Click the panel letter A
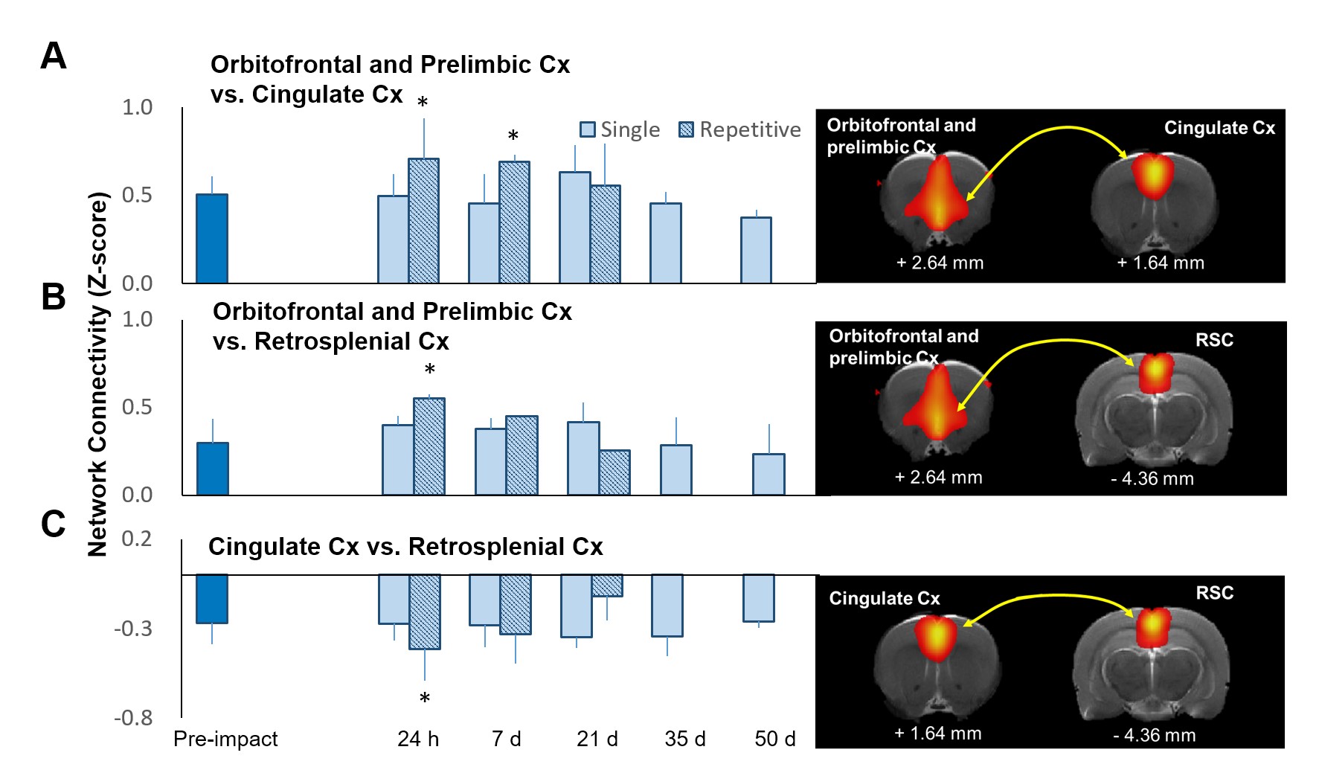pos(53,57)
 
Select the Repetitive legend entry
pos(740,130)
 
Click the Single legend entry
pos(620,130)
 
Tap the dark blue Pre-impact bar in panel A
pos(212,238)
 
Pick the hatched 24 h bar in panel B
pos(429,446)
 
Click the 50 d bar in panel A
pos(756,250)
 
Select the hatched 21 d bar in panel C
pos(607,585)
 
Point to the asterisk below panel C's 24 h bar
pos(424,699)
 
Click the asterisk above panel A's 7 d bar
pos(513,136)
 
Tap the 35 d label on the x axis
pos(684,739)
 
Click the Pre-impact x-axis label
pos(225,739)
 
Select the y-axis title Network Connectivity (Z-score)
pos(98,374)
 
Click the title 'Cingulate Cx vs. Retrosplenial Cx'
pos(405,547)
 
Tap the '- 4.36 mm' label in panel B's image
pos(1152,478)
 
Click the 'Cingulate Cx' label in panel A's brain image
pos(1219,128)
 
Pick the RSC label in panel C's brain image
pos(1214,593)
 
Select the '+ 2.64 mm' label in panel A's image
pos(940,263)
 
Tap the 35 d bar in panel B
pos(676,469)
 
